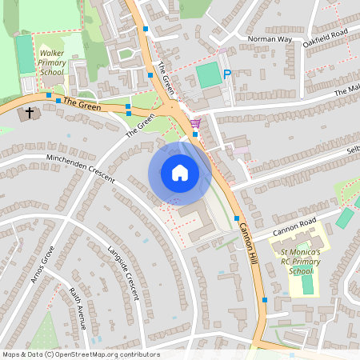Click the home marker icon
(180, 173)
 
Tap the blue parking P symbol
(227, 74)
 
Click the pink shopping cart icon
(196, 123)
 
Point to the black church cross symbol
(30, 113)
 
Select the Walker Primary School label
(51, 62)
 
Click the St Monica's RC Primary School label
(300, 262)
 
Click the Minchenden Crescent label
(81, 167)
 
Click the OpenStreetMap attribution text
(70, 354)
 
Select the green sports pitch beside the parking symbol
(208, 76)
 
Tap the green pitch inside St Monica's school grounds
(308, 283)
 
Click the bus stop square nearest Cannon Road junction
(237, 218)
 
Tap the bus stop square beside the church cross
(49, 95)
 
